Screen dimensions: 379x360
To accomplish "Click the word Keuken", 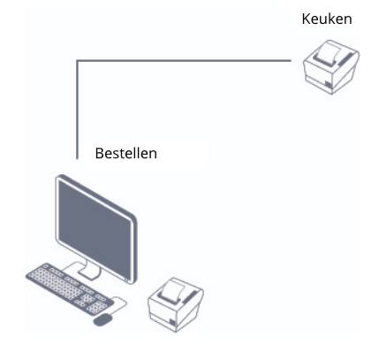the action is click(x=327, y=19).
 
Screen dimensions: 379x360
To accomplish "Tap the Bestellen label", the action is click(x=126, y=153).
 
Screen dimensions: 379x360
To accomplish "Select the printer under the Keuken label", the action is click(x=331, y=67).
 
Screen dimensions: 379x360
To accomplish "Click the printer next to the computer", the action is click(x=176, y=305).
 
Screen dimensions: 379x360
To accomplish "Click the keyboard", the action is click(x=70, y=289).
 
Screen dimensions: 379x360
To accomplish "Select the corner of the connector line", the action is click(x=77, y=61).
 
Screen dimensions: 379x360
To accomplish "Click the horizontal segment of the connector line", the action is click(x=184, y=61).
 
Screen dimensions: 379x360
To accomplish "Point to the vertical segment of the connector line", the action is click(x=77, y=110).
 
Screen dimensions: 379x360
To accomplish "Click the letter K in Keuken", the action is click(x=307, y=19).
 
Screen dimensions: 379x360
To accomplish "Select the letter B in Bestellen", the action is click(x=99, y=153).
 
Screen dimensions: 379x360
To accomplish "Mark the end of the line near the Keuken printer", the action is click(x=292, y=61).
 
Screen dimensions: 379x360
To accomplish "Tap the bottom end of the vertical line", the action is click(x=77, y=159).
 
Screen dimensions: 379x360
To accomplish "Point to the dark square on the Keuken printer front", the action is click(x=328, y=85).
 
